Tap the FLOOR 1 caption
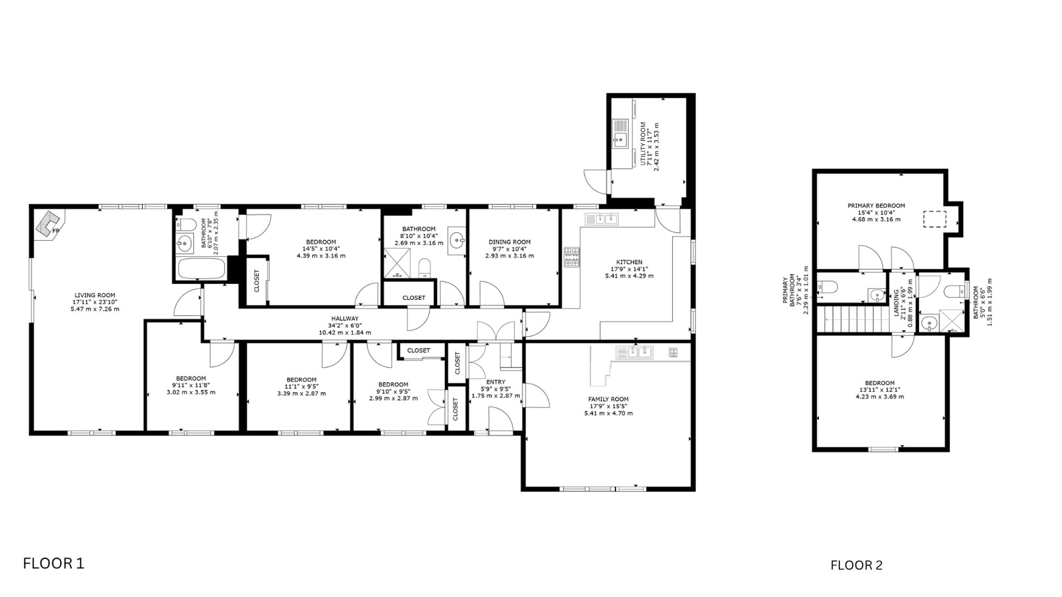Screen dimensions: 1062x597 pyautogui.click(x=54, y=563)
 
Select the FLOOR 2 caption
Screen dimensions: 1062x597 pyautogui.click(x=857, y=566)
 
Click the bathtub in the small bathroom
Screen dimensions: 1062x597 pyautogui.click(x=202, y=269)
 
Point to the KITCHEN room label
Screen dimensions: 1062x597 pyautogui.click(x=629, y=262)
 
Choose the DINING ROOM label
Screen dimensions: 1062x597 pyautogui.click(x=510, y=242)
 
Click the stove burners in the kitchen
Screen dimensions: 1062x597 pyautogui.click(x=572, y=257)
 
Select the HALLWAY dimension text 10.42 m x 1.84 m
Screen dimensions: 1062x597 pyautogui.click(x=345, y=333)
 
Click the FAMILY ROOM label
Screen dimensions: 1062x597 pyautogui.click(x=609, y=399)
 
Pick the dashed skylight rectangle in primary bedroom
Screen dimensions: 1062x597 pyautogui.click(x=935, y=219)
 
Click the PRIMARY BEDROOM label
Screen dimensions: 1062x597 pyautogui.click(x=876, y=206)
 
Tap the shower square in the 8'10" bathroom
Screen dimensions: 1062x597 pyautogui.click(x=397, y=264)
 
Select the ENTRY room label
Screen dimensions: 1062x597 pyautogui.click(x=496, y=382)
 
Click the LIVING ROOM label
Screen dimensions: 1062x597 pyautogui.click(x=95, y=296)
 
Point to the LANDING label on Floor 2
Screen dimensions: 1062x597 pyautogui.click(x=897, y=303)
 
